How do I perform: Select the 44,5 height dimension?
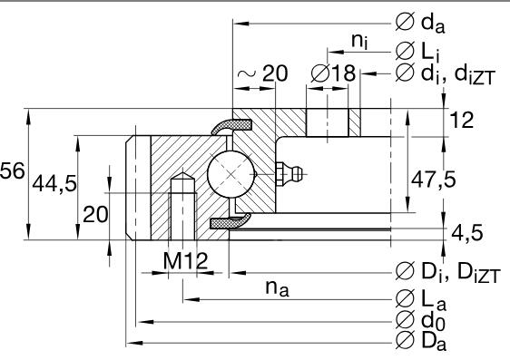(54, 184)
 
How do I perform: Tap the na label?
(277, 288)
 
